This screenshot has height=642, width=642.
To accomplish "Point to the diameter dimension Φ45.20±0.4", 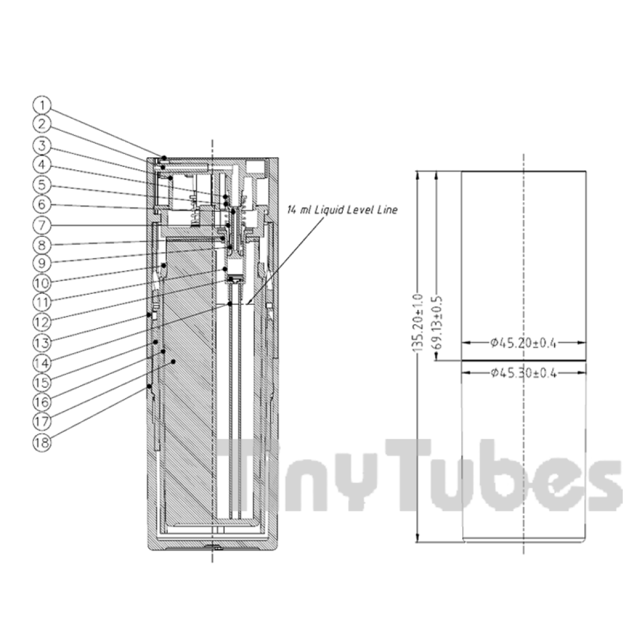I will (x=523, y=343).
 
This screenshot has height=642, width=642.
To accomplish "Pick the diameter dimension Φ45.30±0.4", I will (x=523, y=373).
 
